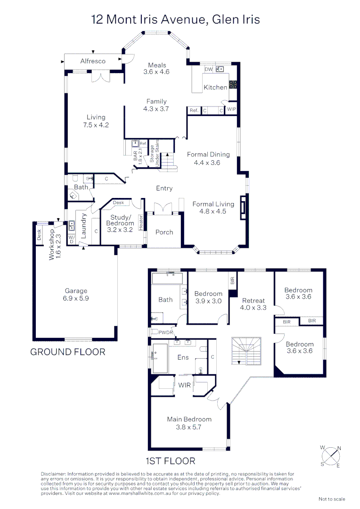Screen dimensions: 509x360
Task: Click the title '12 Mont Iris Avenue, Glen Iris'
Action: click(x=175, y=19)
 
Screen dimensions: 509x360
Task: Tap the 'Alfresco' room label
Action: click(x=93, y=61)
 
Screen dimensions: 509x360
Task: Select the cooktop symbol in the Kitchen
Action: click(x=233, y=85)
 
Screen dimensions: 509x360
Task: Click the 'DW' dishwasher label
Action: click(x=208, y=70)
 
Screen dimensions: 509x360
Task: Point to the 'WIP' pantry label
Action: click(x=231, y=110)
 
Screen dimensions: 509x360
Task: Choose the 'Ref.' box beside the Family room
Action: click(x=194, y=110)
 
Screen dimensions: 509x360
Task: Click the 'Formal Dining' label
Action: click(x=208, y=154)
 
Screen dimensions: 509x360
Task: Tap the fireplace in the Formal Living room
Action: click(x=242, y=207)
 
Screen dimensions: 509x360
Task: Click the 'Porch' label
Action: click(x=164, y=232)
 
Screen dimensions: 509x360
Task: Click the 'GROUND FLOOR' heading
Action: click(x=68, y=352)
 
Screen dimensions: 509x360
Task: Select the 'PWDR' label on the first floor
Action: click(x=165, y=333)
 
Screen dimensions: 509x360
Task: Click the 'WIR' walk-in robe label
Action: click(x=185, y=385)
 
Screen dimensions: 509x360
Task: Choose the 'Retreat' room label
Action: click(x=254, y=300)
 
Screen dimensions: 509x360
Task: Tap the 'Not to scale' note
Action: click(x=332, y=499)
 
